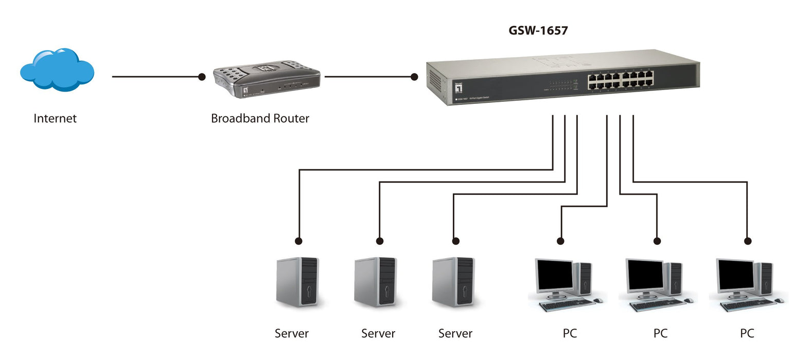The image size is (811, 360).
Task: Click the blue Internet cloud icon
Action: [x=57, y=70]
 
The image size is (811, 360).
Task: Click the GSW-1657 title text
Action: [x=538, y=31]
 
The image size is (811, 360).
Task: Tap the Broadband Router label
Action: [x=260, y=118]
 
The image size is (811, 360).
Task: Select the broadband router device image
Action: [x=267, y=79]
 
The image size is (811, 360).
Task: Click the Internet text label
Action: [x=55, y=118]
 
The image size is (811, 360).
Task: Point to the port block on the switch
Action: [x=621, y=80]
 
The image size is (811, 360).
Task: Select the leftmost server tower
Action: [x=297, y=282]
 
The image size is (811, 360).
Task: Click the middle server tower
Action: [x=375, y=282]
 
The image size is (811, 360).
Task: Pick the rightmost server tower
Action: [x=453, y=282]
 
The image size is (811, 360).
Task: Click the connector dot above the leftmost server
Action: [x=298, y=241]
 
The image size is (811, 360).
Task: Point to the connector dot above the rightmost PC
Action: [x=748, y=241]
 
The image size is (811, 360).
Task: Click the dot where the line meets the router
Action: [x=202, y=77]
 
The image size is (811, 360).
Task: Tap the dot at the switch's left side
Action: [x=414, y=77]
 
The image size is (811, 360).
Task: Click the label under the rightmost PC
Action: [x=747, y=333]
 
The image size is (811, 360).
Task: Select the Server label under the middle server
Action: [x=378, y=333]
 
